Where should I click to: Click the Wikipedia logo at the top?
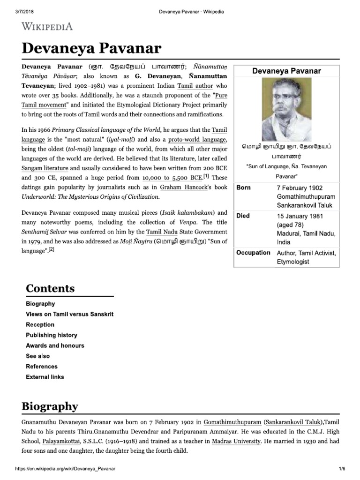(47, 26)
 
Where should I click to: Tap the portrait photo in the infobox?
(286, 106)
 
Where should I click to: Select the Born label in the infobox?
(243, 187)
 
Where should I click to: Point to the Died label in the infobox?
(243, 216)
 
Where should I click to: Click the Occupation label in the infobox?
(253, 253)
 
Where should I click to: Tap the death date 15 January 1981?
(302, 216)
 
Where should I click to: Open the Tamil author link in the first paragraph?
(195, 86)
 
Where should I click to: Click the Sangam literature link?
(45, 168)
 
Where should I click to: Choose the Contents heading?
(50, 288)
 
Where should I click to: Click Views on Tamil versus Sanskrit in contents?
(69, 314)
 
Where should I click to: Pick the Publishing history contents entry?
(52, 335)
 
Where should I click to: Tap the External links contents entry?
(45, 377)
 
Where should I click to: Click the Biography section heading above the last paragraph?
(52, 405)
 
